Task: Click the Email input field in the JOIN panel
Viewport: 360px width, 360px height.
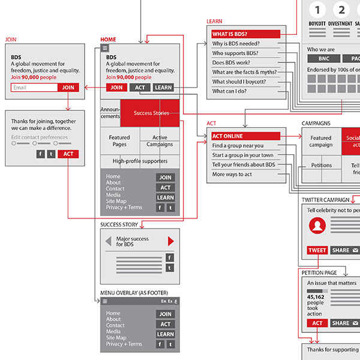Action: point(34,88)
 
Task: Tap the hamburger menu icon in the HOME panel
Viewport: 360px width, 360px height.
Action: point(105,48)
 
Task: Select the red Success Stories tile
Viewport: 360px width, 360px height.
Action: point(150,113)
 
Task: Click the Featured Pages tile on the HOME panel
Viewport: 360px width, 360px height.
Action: point(119,141)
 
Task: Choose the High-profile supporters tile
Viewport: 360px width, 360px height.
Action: point(140,161)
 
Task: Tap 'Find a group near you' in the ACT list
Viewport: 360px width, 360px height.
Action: point(238,146)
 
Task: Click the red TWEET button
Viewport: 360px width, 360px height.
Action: point(317,250)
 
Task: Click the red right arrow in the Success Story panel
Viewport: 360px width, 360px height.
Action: point(171,241)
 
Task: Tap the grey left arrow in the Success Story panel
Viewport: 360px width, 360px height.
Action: point(108,241)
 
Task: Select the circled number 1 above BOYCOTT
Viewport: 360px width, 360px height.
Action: point(317,10)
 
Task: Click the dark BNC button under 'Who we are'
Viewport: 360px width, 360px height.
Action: point(323,59)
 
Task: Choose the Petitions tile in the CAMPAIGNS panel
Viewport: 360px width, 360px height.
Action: point(321,165)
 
